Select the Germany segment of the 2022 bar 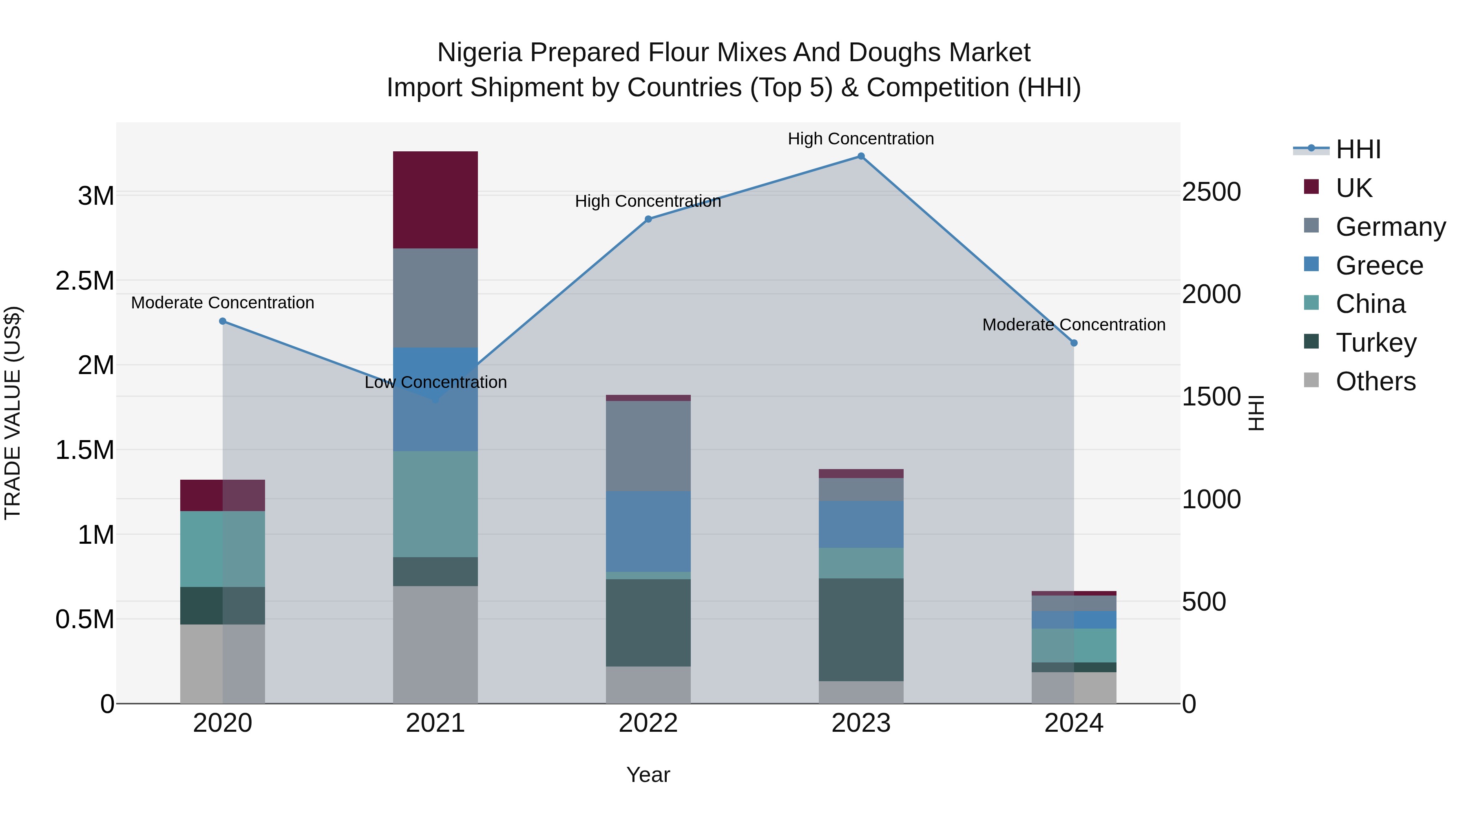(648, 446)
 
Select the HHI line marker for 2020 (223, 321)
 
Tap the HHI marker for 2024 (1074, 343)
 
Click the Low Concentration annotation (436, 383)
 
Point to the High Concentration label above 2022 (648, 201)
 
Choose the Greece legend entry (1379, 266)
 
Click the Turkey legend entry (1376, 343)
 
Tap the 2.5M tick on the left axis (85, 281)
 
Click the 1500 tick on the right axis (1210, 397)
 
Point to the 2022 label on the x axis (648, 723)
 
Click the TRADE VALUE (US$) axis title (13, 413)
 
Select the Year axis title (648, 775)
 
